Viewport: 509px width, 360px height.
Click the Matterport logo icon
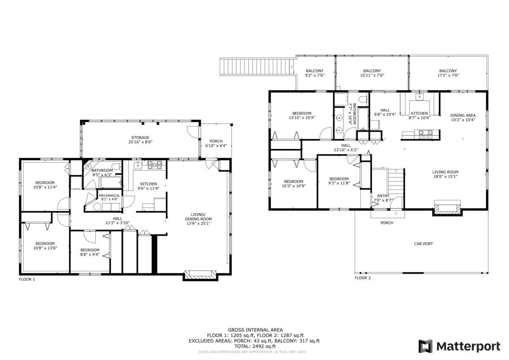pos(425,346)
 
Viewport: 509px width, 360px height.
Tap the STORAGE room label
pos(140,138)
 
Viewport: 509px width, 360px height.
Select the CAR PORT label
pos(423,244)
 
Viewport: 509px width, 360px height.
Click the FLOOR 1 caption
pos(27,279)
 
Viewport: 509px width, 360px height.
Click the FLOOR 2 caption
pos(363,278)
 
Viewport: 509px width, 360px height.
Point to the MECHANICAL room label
pos(109,196)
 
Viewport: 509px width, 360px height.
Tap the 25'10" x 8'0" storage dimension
pos(140,142)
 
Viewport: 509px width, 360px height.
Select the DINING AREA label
pos(463,115)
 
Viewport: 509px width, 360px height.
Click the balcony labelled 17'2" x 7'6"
pos(448,73)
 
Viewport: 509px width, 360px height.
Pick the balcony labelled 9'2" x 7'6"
pos(315,73)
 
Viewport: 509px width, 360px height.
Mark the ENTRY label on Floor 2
pos(383,196)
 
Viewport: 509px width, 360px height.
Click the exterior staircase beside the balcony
pos(257,67)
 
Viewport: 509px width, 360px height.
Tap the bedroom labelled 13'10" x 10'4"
pos(302,115)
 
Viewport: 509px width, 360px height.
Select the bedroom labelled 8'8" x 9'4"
pos(90,252)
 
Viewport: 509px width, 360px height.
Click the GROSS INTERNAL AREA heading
pos(255,330)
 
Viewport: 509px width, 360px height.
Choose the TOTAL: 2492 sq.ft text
pos(255,346)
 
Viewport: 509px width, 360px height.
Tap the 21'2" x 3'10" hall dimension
pos(117,223)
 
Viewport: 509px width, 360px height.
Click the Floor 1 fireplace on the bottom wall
pos(200,275)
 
